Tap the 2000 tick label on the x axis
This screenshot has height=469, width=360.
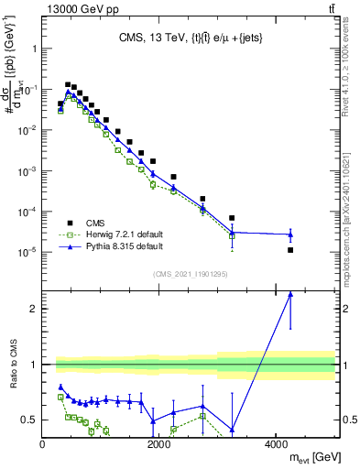tap(159, 444)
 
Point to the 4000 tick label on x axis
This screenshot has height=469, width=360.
tap(276, 444)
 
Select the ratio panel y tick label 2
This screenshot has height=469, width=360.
tap(35, 309)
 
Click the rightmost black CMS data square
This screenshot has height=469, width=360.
tap(290, 249)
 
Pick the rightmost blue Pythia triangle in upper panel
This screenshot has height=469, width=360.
tap(290, 234)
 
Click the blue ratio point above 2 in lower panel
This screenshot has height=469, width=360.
tap(290, 294)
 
